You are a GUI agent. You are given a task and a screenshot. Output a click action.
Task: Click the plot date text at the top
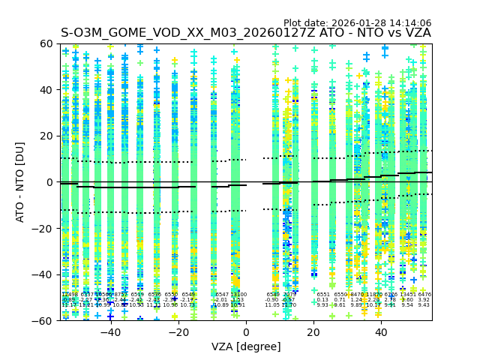coord(357,23)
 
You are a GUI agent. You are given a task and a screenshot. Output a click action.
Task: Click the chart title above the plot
coord(246,33)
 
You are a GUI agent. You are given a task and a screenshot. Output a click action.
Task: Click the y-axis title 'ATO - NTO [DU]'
coord(21,182)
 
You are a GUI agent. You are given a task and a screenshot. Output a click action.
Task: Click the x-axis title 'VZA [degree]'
coord(246,346)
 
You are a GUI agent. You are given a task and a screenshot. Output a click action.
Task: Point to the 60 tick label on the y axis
coord(47,43)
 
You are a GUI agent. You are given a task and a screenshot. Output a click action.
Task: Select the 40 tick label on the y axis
coord(47,90)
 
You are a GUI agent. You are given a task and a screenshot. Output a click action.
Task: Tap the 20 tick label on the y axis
coord(47,136)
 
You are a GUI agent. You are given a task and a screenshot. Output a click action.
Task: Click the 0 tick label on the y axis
coord(50,182)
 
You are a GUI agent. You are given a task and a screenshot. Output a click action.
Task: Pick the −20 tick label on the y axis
coord(44,228)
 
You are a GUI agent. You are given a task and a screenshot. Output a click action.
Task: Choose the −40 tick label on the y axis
coord(44,274)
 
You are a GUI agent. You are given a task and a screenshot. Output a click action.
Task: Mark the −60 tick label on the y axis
coord(44,320)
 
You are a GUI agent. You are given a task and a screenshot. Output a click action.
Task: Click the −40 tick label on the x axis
coord(110,332)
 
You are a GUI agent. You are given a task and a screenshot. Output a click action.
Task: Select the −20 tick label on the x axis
coord(178,332)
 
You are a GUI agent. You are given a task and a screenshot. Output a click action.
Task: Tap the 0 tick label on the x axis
coord(246,332)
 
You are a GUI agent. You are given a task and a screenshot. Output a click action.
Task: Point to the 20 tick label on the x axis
coord(313,332)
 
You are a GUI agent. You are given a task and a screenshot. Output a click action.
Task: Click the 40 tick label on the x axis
coord(381,332)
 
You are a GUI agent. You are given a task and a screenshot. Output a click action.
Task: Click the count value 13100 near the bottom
coord(238,295)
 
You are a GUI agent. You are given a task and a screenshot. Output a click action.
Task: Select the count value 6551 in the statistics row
coord(322,295)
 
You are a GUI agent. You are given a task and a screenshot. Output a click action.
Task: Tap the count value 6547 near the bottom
coord(221,295)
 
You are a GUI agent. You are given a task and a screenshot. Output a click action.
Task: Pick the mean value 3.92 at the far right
coord(424,300)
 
